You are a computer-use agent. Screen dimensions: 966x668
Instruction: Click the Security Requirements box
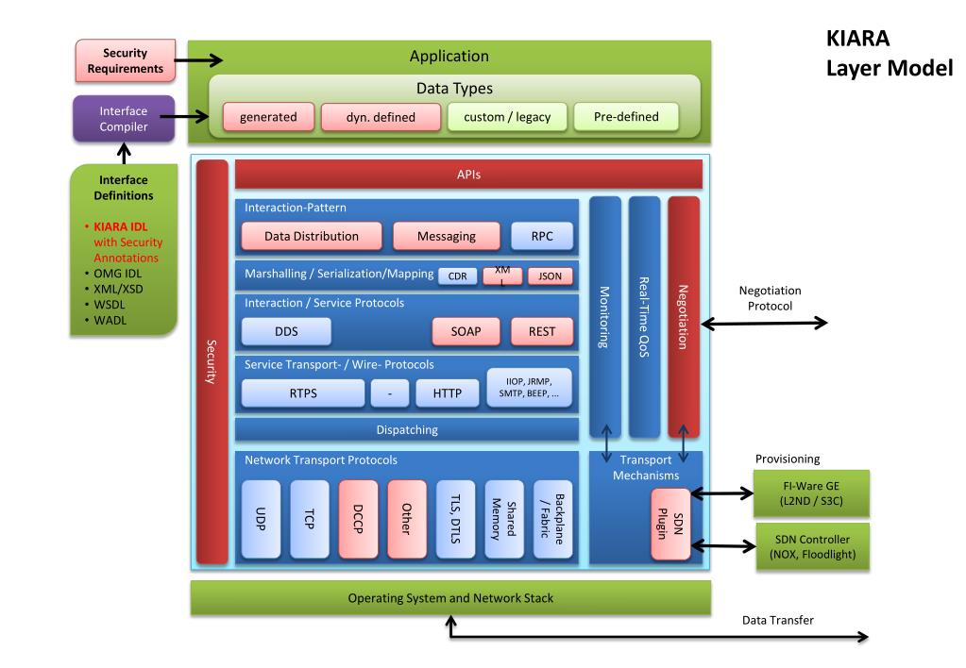tap(125, 60)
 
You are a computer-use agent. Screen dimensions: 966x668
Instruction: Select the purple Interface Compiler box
tap(124, 119)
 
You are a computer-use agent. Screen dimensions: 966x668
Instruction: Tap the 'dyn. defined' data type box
tap(381, 117)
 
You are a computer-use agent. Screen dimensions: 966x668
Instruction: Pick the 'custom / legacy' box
tap(507, 117)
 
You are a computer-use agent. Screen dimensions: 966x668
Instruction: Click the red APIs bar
tap(468, 175)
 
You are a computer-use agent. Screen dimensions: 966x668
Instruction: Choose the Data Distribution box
tap(311, 236)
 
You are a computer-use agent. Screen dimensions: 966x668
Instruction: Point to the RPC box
tap(541, 236)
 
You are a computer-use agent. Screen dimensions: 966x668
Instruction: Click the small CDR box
tap(457, 276)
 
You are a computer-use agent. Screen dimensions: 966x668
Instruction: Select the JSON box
tap(550, 276)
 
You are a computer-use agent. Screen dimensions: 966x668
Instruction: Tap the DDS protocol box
tap(286, 331)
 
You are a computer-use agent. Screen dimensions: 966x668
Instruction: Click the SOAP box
tap(466, 331)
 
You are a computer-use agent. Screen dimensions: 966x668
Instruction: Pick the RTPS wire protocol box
tap(302, 392)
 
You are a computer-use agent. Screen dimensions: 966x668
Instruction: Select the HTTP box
tap(447, 392)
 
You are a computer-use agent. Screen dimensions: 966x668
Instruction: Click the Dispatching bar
tap(407, 429)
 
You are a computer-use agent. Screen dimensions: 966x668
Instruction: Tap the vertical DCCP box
tap(358, 519)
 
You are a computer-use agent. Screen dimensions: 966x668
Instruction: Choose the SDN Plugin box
tap(670, 524)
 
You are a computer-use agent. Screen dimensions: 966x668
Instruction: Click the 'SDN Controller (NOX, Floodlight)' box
tap(812, 546)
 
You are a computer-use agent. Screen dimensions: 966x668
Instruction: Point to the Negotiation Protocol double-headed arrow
tap(764, 323)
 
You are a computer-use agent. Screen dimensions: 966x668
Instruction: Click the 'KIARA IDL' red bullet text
tap(120, 226)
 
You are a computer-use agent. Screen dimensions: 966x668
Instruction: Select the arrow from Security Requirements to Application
tap(198, 60)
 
